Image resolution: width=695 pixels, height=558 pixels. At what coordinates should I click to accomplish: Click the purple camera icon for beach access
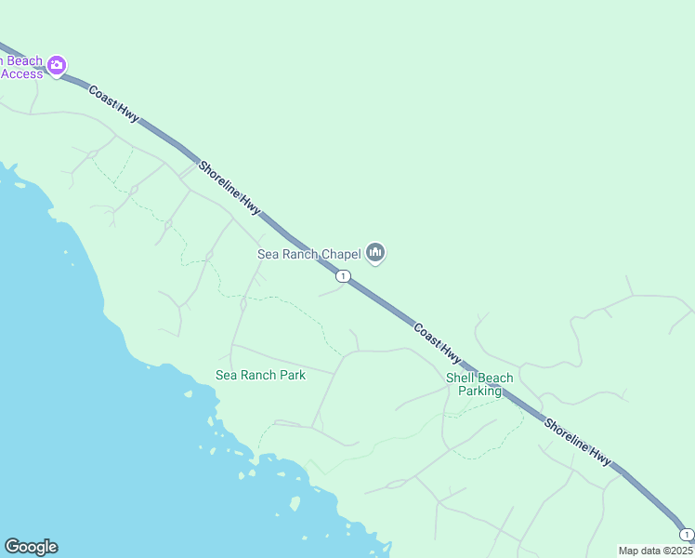tap(57, 65)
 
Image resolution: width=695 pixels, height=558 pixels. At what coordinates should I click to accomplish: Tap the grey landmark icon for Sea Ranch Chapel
tap(375, 252)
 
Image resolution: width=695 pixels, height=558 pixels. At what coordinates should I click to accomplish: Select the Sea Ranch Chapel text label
tap(308, 254)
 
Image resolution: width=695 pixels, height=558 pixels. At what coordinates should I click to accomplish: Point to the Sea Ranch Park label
tap(260, 375)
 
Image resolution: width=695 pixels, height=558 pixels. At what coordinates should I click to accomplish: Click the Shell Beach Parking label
tap(479, 384)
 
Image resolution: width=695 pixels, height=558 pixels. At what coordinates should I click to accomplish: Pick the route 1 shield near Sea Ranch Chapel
tap(344, 275)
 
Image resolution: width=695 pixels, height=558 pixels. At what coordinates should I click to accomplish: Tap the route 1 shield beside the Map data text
tap(686, 534)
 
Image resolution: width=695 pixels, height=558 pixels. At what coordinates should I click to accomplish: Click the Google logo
tap(31, 547)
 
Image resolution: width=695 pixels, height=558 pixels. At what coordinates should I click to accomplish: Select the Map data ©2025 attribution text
tap(655, 551)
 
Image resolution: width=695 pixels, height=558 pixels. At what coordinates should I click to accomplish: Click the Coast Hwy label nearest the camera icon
tap(114, 103)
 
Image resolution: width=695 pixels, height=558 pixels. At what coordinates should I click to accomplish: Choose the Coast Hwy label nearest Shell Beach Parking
tap(437, 343)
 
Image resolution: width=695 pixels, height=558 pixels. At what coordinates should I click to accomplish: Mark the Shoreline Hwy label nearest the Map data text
tap(578, 441)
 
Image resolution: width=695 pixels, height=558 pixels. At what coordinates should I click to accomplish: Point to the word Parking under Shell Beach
tap(479, 391)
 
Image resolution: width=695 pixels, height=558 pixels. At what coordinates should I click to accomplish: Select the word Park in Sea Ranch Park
tap(291, 375)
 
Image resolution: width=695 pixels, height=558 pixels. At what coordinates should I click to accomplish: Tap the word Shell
tap(461, 378)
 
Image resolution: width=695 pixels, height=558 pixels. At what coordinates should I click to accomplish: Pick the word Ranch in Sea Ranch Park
tap(256, 375)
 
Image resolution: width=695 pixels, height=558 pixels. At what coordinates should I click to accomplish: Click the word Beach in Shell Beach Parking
tap(496, 378)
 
